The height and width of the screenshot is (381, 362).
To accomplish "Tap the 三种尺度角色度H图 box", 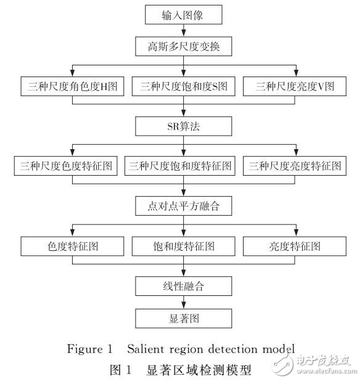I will click(x=72, y=87).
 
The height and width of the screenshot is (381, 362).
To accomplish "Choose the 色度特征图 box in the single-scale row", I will click(x=72, y=247).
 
